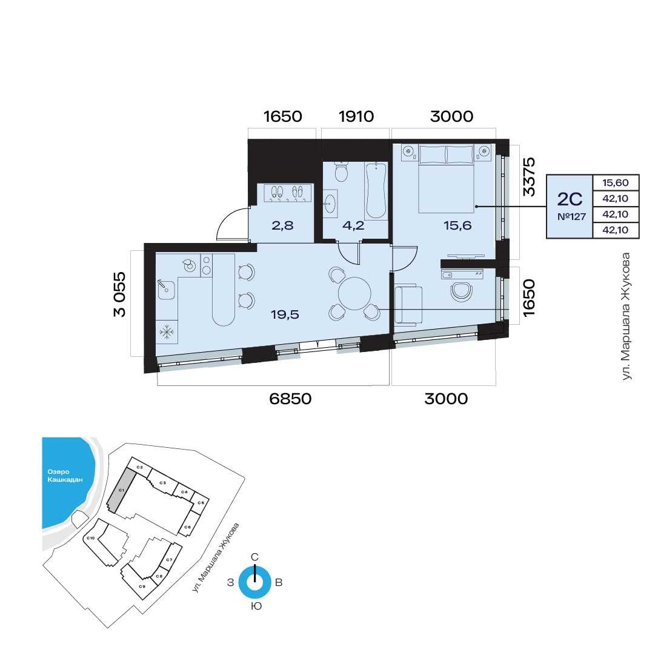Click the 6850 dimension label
(290, 399)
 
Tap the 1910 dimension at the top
(356, 116)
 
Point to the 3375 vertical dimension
(529, 176)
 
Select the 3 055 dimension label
(119, 294)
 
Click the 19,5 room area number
(285, 314)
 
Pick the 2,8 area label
(282, 225)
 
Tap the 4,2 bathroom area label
(353, 225)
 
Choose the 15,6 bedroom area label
(457, 225)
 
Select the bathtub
(376, 190)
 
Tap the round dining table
(354, 293)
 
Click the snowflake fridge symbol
(167, 332)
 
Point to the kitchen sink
(166, 289)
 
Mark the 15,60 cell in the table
(616, 182)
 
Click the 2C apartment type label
(570, 199)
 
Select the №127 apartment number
(571, 217)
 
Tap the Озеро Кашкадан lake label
(65, 476)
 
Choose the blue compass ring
(254, 582)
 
